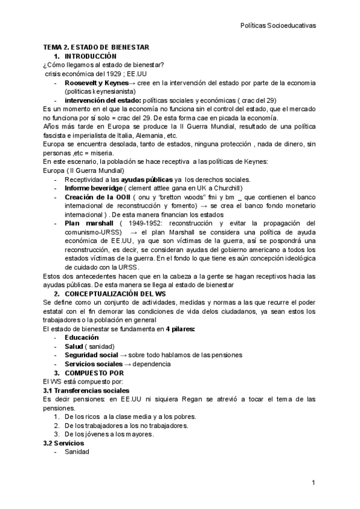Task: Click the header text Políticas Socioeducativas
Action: point(278,26)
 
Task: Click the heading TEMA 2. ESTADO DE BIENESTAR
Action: point(96,47)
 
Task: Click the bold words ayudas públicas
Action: point(146,179)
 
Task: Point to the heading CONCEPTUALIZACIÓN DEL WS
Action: point(115,294)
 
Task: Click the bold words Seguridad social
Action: point(91,355)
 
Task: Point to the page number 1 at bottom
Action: point(313,483)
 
